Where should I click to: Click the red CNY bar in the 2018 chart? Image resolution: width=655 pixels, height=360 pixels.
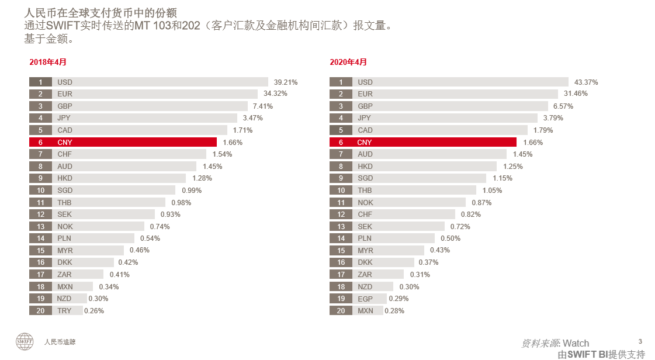[x=134, y=142]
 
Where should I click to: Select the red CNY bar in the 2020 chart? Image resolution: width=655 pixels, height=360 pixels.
[x=435, y=142]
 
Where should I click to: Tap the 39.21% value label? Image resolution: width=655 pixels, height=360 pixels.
[x=286, y=82]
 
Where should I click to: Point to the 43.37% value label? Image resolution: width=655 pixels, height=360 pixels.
[x=586, y=82]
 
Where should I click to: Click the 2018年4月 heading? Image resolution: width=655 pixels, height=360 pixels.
[x=48, y=62]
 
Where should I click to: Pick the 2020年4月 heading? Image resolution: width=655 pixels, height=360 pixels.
[x=348, y=62]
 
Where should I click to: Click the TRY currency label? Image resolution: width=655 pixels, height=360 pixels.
[x=64, y=311]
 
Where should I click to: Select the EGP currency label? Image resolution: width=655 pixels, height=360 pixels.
[x=365, y=299]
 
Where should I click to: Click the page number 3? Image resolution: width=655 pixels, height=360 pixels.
[x=640, y=341]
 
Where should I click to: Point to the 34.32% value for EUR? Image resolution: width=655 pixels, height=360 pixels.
[x=275, y=94]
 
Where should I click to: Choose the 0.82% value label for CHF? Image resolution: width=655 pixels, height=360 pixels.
[x=470, y=214]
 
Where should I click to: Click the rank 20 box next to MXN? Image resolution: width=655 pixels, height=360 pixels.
[x=341, y=311]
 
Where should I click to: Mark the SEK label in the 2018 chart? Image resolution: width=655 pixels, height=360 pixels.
[x=64, y=214]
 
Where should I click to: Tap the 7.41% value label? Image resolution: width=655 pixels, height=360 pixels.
[x=262, y=106]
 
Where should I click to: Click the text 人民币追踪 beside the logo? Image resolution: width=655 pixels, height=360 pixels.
[x=60, y=342]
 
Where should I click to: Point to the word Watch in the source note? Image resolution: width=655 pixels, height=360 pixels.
[x=576, y=343]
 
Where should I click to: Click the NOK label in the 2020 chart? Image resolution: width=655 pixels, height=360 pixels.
[x=365, y=203]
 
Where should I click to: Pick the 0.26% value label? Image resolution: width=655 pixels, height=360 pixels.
[x=94, y=311]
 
